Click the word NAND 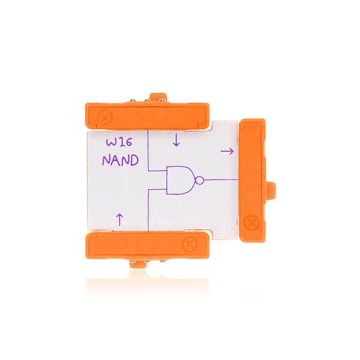pos(120,161)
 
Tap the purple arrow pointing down pos(176,140)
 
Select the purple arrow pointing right pos(227,152)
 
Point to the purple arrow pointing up pos(119,219)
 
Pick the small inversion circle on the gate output pos(200,179)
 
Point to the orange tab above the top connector pos(158,97)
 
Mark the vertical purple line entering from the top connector pos(148,150)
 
